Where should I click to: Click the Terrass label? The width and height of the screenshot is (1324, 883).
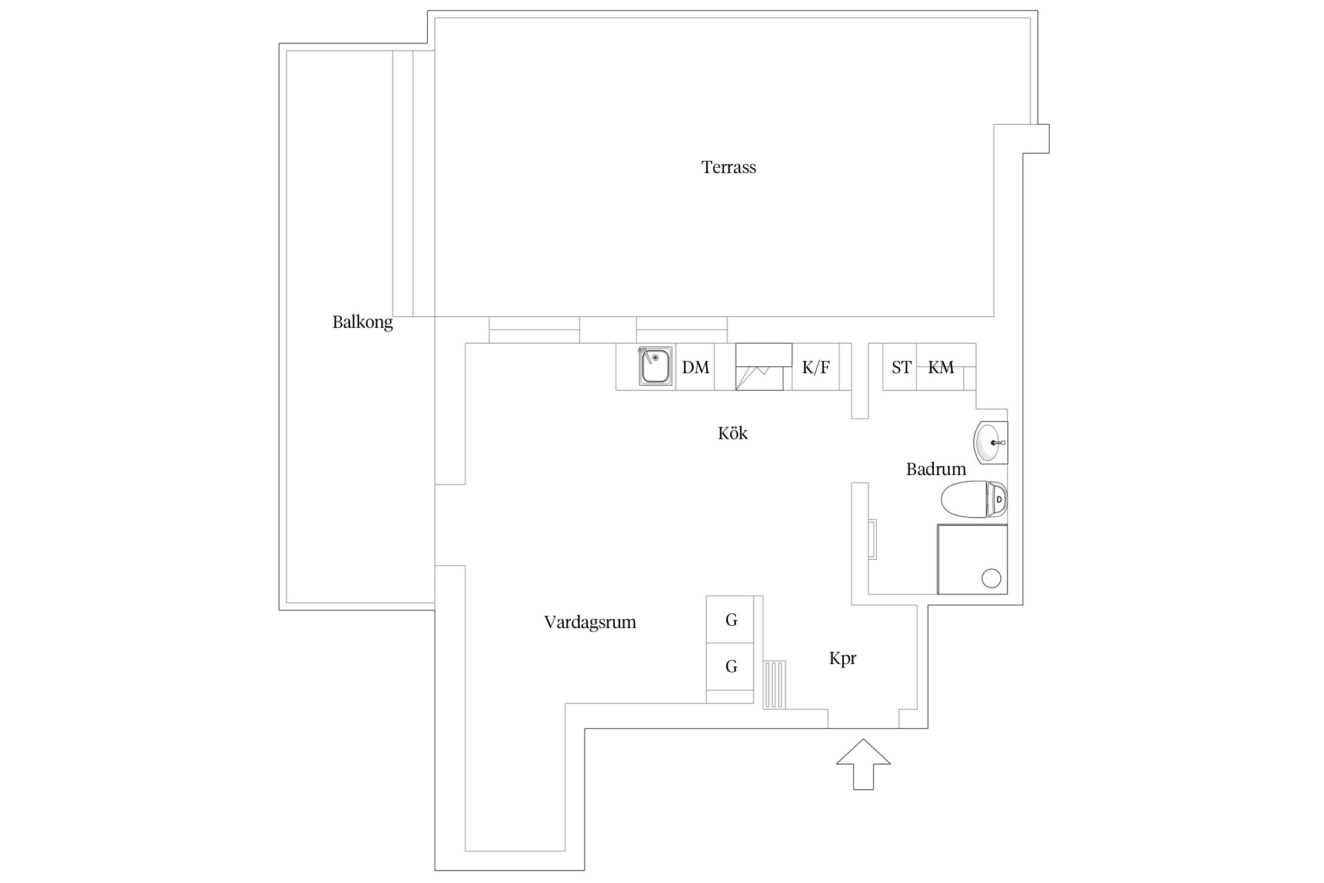(728, 167)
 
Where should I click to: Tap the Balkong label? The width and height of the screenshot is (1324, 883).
(362, 322)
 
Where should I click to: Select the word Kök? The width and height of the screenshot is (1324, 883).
(733, 433)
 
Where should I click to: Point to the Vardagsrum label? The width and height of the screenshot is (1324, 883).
(590, 622)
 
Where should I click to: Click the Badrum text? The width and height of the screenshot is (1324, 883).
(936, 469)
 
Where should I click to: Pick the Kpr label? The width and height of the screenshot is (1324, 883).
(843, 658)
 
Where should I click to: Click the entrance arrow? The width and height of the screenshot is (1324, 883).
(863, 764)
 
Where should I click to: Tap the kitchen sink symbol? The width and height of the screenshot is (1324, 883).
(656, 366)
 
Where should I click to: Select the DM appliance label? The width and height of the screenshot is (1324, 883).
(696, 367)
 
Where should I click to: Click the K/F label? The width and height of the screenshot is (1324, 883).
(816, 367)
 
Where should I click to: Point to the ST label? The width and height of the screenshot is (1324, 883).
(901, 367)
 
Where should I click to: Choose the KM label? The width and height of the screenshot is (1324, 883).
(941, 367)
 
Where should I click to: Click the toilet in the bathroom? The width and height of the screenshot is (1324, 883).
(974, 499)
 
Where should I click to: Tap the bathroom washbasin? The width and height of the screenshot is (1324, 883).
(991, 443)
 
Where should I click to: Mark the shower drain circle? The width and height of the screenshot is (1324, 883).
(992, 579)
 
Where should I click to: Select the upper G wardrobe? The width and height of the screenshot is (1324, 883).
(730, 619)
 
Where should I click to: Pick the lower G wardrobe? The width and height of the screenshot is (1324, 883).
(730, 666)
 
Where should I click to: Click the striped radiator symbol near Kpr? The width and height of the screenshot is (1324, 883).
(774, 685)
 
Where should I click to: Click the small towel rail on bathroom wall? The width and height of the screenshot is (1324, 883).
(873, 539)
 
